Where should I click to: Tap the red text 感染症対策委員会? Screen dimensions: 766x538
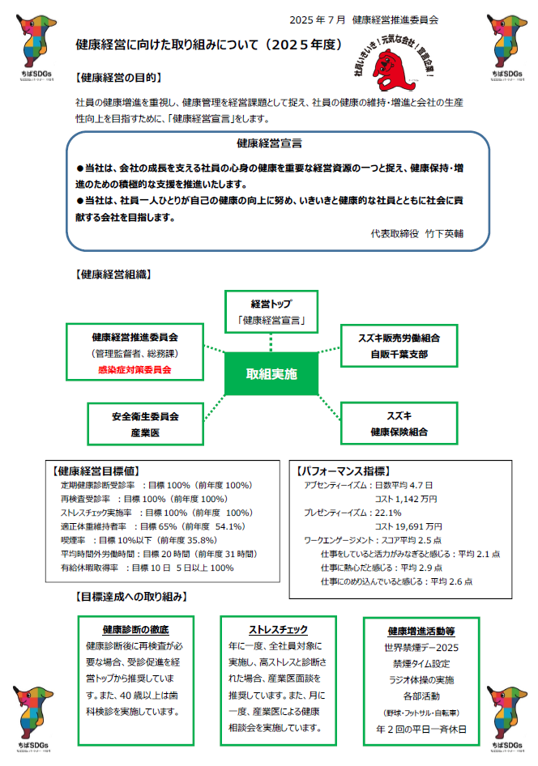coord(134,369)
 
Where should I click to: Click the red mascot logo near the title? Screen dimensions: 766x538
coord(397,65)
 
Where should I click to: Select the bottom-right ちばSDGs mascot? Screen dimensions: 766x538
coord(507,710)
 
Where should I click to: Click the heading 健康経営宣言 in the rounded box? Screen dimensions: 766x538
coord(270,143)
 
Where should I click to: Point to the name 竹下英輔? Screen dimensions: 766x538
coord(445,231)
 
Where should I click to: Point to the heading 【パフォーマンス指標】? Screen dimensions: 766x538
coord(344,470)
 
